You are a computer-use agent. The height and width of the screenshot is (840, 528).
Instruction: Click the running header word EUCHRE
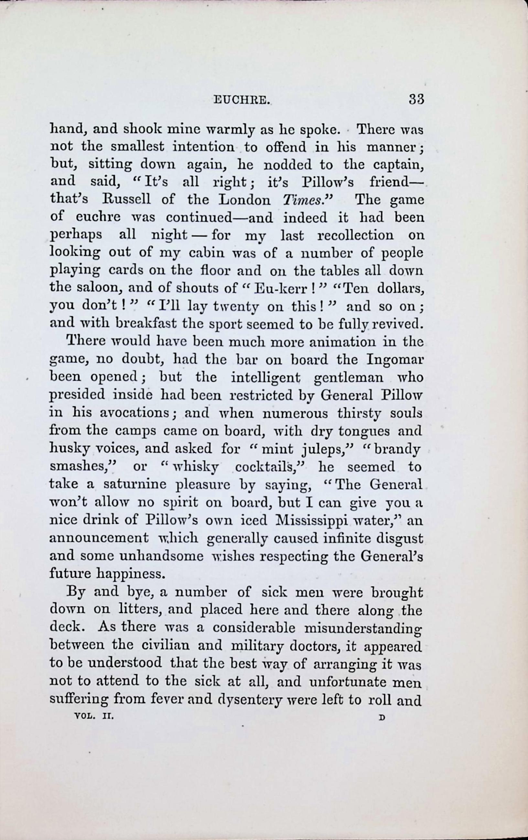(x=242, y=100)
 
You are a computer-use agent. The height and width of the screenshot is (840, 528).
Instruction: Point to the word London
(x=244, y=199)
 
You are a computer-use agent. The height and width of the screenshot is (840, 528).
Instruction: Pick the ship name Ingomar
(x=395, y=360)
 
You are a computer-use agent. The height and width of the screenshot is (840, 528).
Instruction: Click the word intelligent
(x=265, y=378)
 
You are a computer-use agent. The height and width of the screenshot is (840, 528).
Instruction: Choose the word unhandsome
(x=161, y=556)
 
